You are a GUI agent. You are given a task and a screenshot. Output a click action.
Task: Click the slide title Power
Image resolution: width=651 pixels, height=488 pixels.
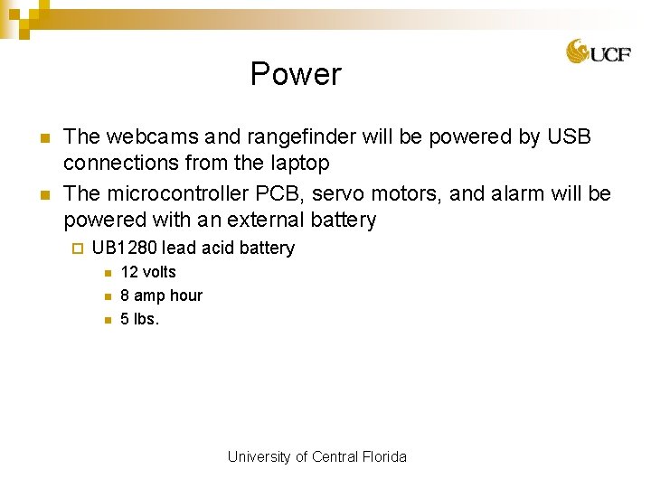tap(296, 74)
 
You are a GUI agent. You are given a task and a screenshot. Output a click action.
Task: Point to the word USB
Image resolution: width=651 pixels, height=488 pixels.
tap(569, 137)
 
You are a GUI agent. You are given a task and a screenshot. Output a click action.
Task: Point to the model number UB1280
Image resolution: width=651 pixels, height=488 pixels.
tap(125, 248)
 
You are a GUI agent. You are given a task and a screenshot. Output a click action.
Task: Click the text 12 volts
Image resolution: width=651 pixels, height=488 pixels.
tap(148, 272)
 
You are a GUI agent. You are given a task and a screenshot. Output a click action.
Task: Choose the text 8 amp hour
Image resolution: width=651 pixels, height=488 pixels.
tap(161, 296)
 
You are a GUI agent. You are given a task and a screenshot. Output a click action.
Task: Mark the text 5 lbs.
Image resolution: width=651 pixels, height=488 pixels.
tap(139, 319)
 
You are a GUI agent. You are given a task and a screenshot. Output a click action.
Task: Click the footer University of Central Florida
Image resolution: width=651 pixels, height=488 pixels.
tap(316, 456)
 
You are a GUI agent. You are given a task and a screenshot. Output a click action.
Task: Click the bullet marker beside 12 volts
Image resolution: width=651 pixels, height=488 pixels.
tap(105, 273)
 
